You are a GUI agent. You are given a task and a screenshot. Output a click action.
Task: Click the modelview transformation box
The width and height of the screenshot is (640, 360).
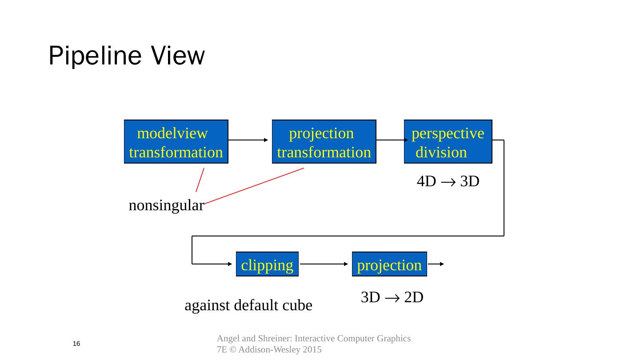click(x=176, y=142)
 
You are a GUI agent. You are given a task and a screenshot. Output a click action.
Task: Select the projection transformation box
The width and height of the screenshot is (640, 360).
click(x=324, y=142)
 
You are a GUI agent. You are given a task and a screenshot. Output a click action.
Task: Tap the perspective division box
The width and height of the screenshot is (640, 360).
click(x=448, y=142)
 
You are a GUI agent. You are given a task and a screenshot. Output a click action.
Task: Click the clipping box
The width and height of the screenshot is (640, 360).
click(x=267, y=264)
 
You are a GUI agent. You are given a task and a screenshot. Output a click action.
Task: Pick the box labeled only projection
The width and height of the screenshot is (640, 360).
click(x=389, y=264)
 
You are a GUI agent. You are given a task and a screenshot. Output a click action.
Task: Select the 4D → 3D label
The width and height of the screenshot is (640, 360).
click(x=448, y=181)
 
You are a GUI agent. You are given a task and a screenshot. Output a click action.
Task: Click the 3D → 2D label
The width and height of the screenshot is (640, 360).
click(x=392, y=297)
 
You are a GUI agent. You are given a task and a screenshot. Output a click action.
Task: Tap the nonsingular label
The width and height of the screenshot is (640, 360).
click(x=166, y=205)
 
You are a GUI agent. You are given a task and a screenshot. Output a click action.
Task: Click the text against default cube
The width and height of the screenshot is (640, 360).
click(x=248, y=305)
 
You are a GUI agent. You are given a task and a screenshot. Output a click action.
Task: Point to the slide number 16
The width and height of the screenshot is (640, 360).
click(x=76, y=344)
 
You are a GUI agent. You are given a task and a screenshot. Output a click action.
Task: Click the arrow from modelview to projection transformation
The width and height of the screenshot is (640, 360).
click(x=248, y=140)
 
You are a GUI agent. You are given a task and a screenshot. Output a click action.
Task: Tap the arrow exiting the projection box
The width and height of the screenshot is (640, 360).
click(x=436, y=264)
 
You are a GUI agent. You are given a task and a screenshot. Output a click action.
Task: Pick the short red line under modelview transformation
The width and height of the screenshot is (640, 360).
click(x=200, y=180)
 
